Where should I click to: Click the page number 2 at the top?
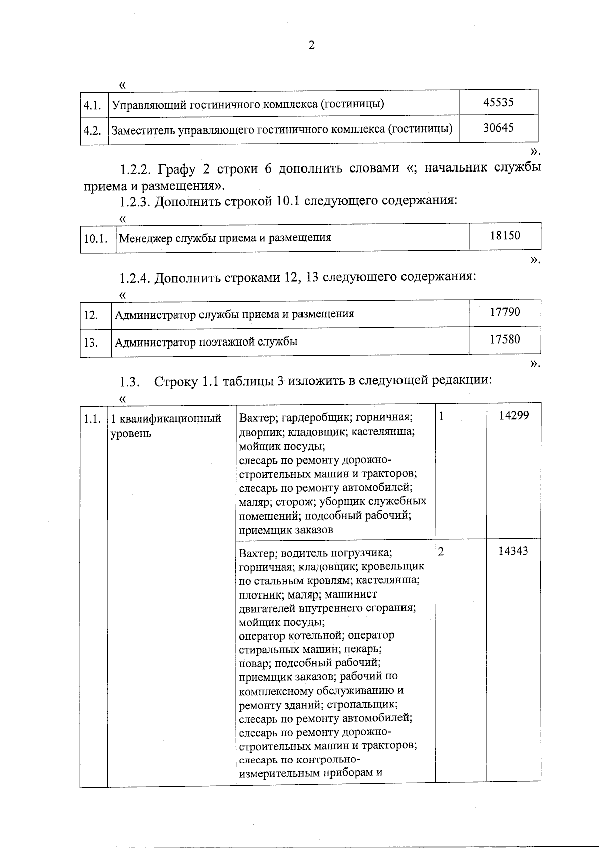(x=311, y=46)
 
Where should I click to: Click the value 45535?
(x=498, y=102)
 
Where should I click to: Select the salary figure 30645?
(x=498, y=128)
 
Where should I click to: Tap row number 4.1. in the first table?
(x=93, y=105)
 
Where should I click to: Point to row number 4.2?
(x=93, y=131)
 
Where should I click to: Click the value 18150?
(x=505, y=235)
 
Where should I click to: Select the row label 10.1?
(x=95, y=238)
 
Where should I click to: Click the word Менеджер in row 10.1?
(x=145, y=238)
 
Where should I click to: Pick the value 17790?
(x=505, y=312)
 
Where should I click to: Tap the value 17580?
(x=505, y=339)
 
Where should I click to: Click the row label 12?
(x=91, y=315)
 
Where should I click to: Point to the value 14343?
(x=513, y=551)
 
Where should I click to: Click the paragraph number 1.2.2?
(x=136, y=168)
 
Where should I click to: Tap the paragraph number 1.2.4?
(x=136, y=278)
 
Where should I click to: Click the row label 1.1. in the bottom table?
(x=92, y=419)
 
